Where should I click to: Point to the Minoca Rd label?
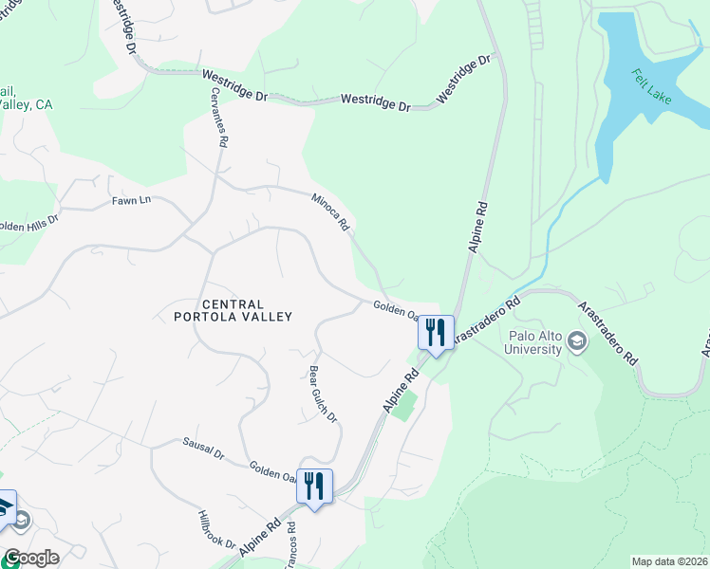click(x=331, y=211)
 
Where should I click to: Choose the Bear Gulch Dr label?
click(x=324, y=394)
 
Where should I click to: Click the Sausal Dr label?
click(x=202, y=449)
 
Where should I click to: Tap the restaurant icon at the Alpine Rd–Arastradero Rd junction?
click(x=436, y=333)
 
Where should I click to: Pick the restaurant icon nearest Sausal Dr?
click(x=314, y=486)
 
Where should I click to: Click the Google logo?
click(x=30, y=558)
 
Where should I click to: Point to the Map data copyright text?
click(x=669, y=561)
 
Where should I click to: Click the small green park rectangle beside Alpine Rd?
click(x=405, y=405)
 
